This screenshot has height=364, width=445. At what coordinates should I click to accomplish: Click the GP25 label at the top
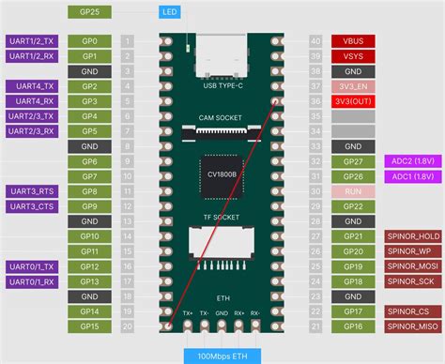(90, 12)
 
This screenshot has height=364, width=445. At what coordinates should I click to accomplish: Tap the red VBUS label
(354, 41)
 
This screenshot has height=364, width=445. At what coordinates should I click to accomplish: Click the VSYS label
(354, 56)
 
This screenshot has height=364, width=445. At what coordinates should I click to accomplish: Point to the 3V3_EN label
(354, 86)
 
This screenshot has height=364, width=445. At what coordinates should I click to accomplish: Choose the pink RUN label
(354, 190)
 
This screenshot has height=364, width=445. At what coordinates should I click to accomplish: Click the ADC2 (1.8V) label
(413, 161)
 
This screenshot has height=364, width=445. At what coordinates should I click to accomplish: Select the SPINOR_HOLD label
(412, 235)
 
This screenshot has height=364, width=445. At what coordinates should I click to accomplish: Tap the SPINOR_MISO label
(412, 326)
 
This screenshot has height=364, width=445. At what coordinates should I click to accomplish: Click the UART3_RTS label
(32, 191)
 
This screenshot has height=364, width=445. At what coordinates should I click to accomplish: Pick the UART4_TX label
(32, 86)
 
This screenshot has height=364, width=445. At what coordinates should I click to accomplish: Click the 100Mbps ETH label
(222, 356)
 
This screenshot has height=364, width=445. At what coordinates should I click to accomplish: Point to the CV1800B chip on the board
(222, 174)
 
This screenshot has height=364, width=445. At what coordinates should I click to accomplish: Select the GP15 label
(90, 326)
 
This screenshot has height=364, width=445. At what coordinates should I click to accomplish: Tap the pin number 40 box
(315, 41)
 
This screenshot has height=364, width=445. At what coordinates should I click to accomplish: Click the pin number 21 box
(315, 326)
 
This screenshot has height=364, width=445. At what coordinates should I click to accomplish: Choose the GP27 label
(354, 161)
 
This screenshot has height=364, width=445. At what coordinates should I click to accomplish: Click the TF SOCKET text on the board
(222, 216)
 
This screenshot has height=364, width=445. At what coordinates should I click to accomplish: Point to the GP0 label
(90, 41)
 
